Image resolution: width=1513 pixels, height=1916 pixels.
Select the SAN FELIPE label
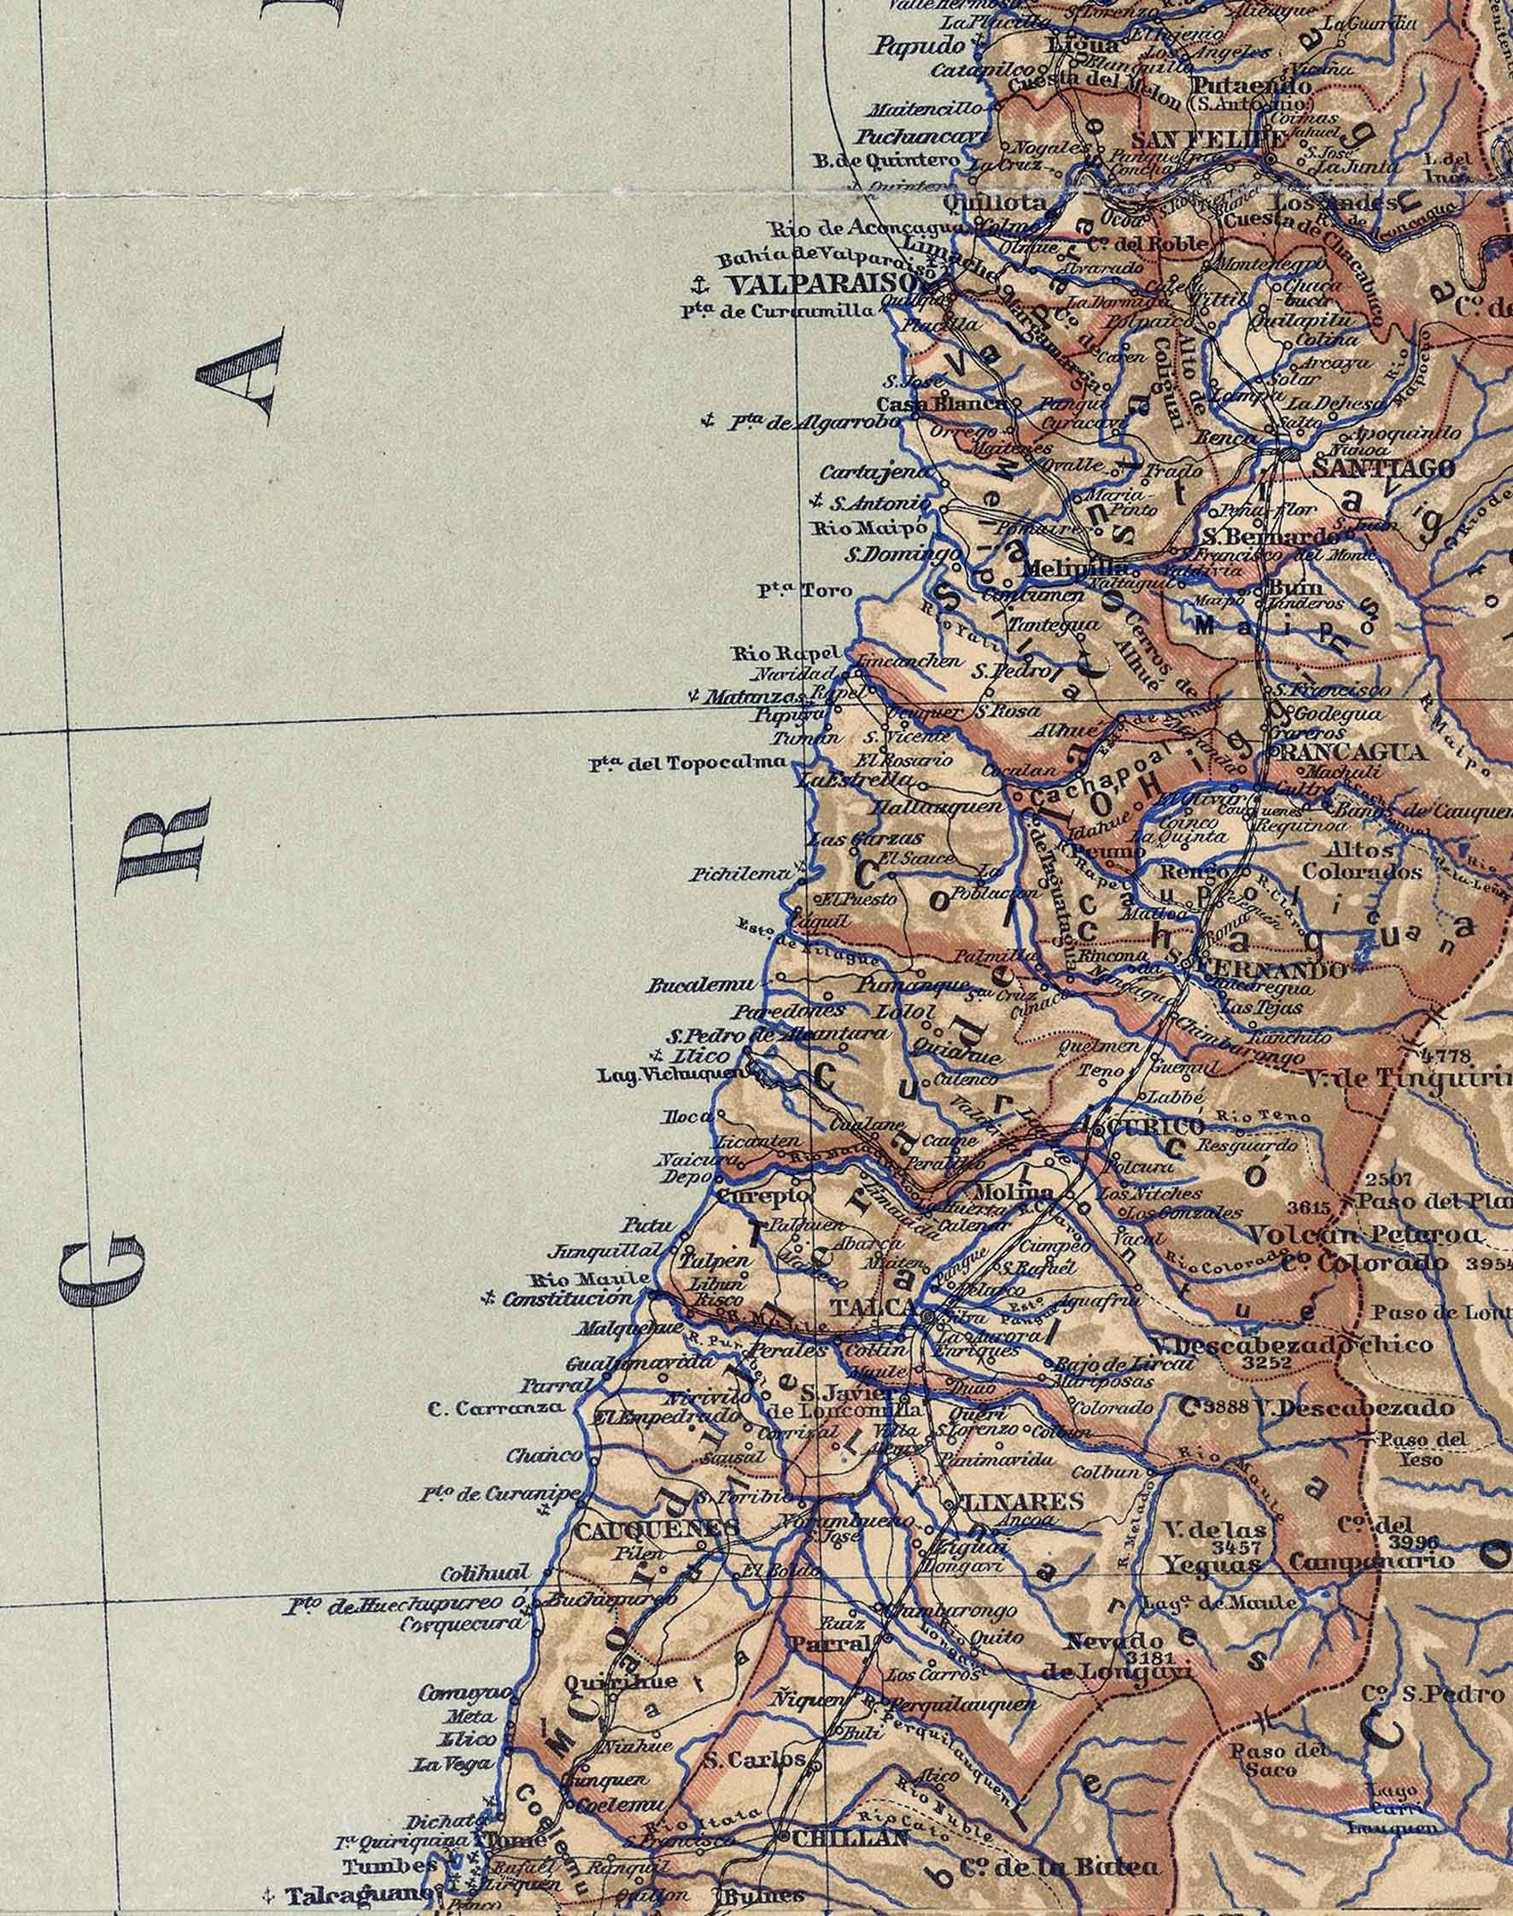coord(1209,141)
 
